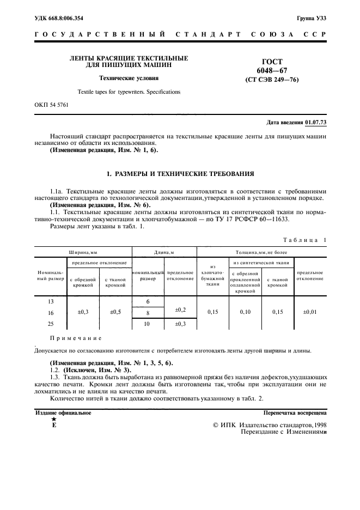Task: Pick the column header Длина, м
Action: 164,252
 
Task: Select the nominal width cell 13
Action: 51,301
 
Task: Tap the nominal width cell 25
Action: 51,324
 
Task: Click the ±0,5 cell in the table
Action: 115,312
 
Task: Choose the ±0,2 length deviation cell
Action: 180,309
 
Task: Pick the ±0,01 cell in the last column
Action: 310,312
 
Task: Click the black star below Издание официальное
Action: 53,420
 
